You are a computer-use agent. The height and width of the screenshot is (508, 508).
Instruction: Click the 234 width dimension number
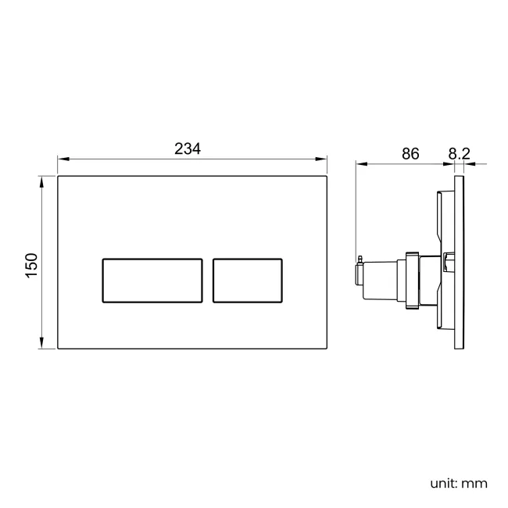pyautogui.click(x=188, y=148)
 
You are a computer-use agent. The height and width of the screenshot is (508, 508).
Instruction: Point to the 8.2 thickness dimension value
pyautogui.click(x=460, y=153)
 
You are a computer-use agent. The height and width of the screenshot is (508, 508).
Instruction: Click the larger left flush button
pyautogui.click(x=152, y=279)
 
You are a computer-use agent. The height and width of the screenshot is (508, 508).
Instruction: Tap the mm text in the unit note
pyautogui.click(x=474, y=483)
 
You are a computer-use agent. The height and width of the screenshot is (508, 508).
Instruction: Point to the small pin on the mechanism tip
pyautogui.click(x=359, y=259)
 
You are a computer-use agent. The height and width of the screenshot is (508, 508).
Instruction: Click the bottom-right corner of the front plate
pyautogui.click(x=327, y=349)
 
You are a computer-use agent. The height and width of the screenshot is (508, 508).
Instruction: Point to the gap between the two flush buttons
pyautogui.click(x=208, y=279)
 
